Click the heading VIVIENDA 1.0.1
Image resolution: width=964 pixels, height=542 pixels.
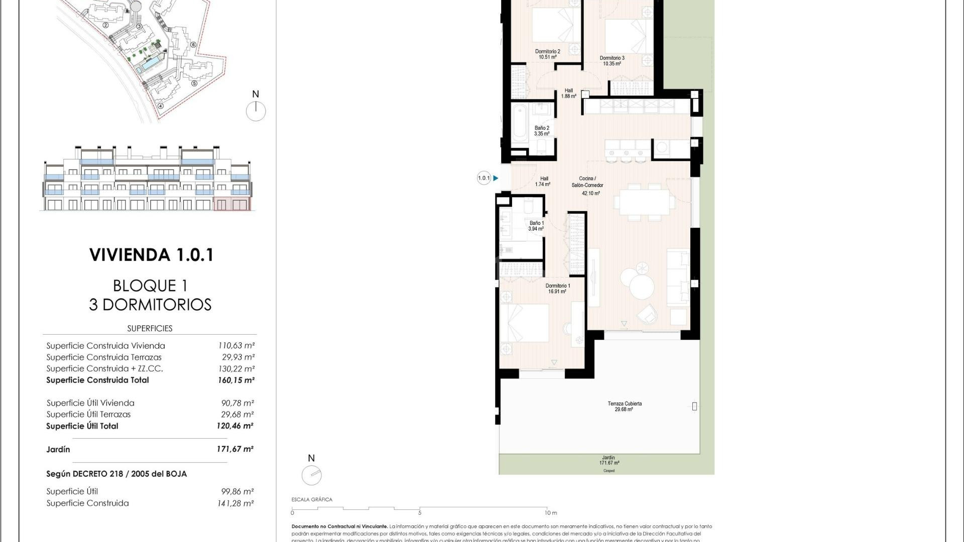point(152,255)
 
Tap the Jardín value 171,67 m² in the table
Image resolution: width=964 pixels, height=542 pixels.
point(235,449)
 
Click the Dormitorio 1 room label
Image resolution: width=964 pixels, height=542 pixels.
point(557,289)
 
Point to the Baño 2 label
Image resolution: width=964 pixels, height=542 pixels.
point(542,131)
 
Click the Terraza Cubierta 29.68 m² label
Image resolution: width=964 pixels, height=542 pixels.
point(624,406)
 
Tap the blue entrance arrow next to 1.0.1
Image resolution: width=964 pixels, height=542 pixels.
point(496,178)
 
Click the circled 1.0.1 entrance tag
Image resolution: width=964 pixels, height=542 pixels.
point(484,178)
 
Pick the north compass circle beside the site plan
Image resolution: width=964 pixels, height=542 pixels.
point(256,111)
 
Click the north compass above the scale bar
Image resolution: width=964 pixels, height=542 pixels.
point(311,475)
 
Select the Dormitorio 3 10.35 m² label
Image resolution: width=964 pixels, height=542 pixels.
point(612,61)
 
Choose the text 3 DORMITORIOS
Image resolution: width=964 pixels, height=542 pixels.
point(150,305)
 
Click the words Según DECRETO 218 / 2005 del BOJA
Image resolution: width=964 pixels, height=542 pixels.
point(116,474)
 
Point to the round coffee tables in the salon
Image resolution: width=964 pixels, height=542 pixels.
point(638,282)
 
